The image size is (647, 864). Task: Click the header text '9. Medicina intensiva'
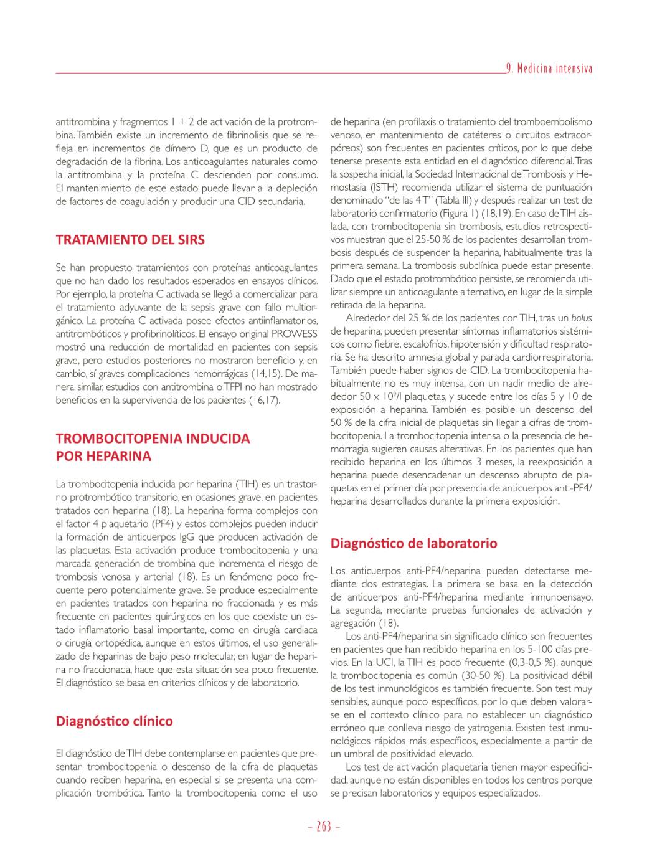click(x=549, y=68)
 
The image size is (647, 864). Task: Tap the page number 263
click(x=324, y=827)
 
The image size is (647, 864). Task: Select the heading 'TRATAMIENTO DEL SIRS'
click(x=130, y=240)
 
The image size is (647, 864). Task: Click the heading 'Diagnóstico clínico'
click(x=115, y=721)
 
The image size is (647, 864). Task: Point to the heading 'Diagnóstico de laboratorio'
click(x=413, y=543)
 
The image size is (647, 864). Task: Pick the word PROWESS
click(x=296, y=333)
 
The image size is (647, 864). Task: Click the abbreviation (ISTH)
click(x=373, y=187)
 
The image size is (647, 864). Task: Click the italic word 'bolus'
click(x=581, y=318)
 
